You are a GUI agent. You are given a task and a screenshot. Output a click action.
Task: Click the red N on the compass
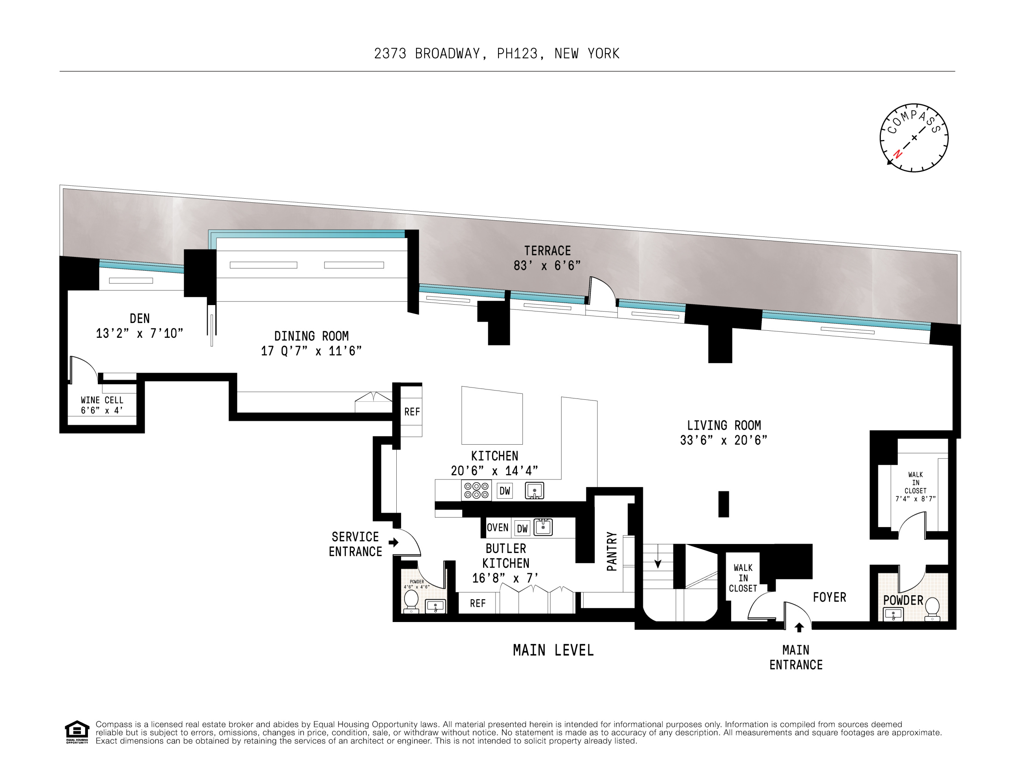897,154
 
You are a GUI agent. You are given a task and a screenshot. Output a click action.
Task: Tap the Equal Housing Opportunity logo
76,732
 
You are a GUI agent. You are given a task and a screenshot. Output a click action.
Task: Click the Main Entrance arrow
799,628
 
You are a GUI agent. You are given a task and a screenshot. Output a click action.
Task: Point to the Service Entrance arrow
394,542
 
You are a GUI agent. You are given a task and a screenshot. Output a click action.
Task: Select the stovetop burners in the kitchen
476,490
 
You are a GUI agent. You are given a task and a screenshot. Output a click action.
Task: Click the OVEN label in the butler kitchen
497,528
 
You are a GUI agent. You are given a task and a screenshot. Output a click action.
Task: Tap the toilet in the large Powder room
932,609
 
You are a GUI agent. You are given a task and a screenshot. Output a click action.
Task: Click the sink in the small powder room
435,606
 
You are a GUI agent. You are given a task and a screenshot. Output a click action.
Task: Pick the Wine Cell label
102,400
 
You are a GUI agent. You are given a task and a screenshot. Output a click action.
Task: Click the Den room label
140,318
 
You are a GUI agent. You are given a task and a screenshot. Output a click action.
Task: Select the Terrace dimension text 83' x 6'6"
547,266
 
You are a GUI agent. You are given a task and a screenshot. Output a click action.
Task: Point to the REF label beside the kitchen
412,412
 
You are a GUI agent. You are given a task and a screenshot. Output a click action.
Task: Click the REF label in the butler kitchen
477,603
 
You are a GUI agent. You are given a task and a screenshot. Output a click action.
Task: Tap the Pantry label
612,551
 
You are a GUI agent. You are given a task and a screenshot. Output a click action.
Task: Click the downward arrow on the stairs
658,563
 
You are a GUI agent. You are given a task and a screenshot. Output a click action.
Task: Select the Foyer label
829,597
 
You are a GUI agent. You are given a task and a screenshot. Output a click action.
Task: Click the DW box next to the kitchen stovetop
505,491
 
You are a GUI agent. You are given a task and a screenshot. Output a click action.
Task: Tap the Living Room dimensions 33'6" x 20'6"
723,440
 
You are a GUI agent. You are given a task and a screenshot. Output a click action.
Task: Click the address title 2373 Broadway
496,54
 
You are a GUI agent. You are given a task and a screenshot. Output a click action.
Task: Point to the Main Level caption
553,650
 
